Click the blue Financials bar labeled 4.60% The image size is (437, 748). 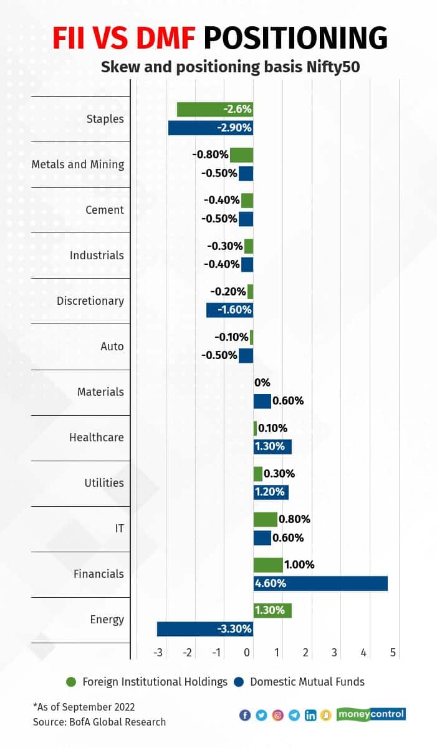coord(320,583)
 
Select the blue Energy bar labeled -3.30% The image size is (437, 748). coord(205,629)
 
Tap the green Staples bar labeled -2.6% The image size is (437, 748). coord(214,110)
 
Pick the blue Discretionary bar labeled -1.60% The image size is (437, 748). coord(229,310)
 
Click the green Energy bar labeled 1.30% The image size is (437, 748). coord(272,610)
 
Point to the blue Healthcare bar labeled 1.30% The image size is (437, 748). coord(272,446)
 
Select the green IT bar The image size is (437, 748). coord(265,519)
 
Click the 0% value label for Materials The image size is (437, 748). coord(262,383)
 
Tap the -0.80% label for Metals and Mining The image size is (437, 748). coord(210,155)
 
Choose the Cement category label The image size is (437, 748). coord(105,210)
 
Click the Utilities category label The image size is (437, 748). coord(104,483)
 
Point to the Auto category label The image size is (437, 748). coord(112,347)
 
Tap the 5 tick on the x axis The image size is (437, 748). coord(393,652)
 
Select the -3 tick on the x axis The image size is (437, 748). coord(158,652)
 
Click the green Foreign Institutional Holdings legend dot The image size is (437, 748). coord(71,682)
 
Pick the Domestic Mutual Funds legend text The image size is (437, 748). coord(307,682)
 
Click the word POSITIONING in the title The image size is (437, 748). coord(295,39)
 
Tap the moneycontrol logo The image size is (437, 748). coord(371,714)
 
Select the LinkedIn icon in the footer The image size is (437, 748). coord(310,715)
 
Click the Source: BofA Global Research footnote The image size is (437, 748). coord(99,722)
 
